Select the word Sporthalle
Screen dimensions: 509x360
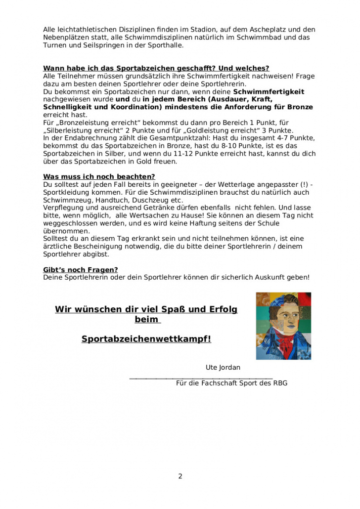click(x=166, y=45)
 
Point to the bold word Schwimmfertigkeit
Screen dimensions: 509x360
click(x=269, y=92)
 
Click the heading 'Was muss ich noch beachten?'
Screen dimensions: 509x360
click(x=99, y=176)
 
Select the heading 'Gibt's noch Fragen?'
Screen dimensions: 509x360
click(x=81, y=269)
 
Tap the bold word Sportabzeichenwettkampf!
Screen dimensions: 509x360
click(x=146, y=339)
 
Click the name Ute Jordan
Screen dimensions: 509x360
click(x=223, y=367)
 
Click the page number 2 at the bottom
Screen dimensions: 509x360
click(x=180, y=476)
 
